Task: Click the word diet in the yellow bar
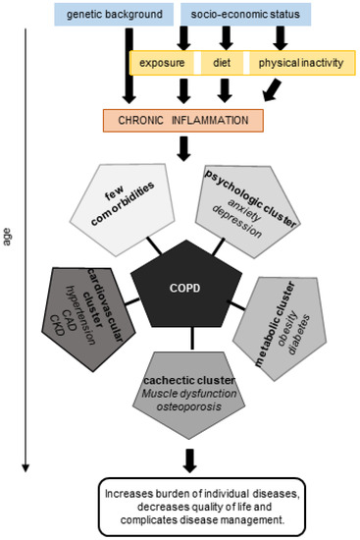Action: (225, 63)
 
